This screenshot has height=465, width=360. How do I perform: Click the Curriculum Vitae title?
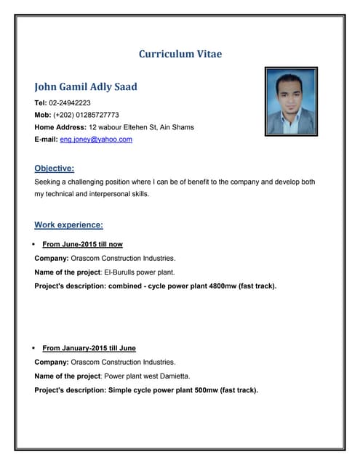point(180,54)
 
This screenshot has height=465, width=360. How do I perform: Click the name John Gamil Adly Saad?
point(86,86)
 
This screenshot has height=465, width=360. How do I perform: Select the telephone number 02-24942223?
point(70,103)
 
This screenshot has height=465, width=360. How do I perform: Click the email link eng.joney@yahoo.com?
point(96,139)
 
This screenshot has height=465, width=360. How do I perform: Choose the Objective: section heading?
point(55,168)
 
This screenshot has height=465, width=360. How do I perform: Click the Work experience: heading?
point(68,225)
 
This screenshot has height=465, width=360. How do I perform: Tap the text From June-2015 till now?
point(82,245)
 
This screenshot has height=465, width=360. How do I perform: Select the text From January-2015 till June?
point(89,348)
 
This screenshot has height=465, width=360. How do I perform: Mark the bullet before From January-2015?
point(34,348)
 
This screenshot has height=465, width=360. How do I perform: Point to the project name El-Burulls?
point(120,272)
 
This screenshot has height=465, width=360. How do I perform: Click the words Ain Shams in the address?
point(177,127)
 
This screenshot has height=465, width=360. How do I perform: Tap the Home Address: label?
point(60,127)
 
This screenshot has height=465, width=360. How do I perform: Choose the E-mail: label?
point(46,139)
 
